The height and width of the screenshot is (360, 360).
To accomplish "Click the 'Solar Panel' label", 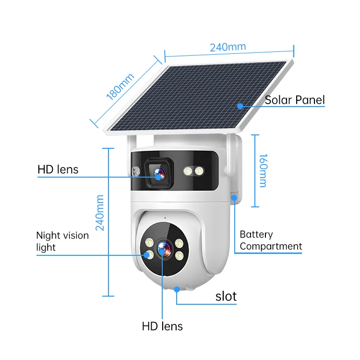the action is tap(295, 100).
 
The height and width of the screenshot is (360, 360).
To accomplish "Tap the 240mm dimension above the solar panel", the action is tap(228, 47).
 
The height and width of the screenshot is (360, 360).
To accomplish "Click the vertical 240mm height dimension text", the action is tap(100, 213).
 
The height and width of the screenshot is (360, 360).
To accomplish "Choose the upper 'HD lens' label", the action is tap(58, 169).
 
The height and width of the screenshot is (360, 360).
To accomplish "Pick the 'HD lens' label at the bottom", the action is tap(162, 326).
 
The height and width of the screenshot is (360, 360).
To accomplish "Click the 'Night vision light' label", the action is tap(62, 241).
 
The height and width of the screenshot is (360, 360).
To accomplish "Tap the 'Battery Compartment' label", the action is tap(271, 240).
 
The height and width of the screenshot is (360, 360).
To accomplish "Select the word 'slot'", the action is tap(226, 296).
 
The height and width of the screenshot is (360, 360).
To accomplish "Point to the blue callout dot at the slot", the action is tap(178, 289).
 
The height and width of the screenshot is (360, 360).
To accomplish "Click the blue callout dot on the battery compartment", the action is tap(234, 197).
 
